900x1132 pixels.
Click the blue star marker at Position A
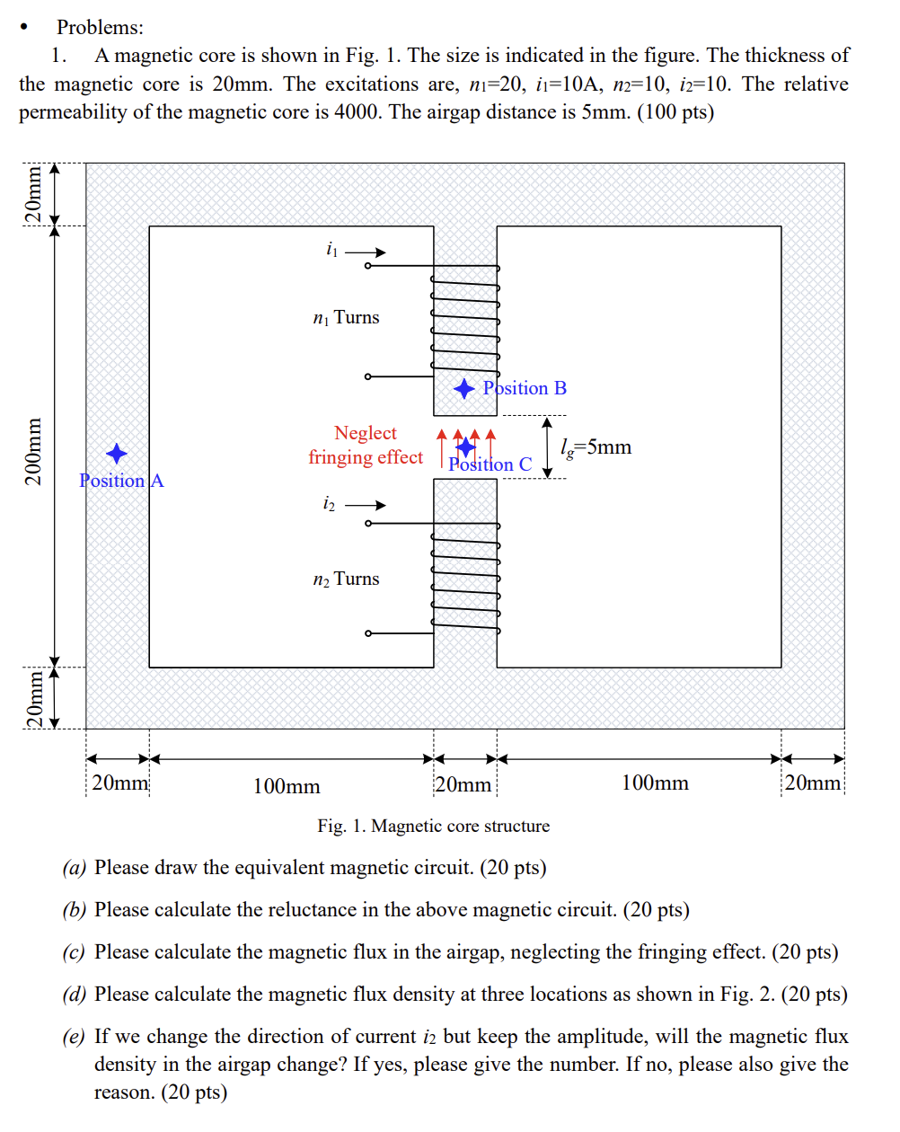117,454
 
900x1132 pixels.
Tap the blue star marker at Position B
463,388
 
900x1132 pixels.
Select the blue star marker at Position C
466,446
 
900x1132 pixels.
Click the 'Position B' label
525,388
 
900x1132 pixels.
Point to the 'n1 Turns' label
346,318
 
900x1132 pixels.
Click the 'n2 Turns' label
346,579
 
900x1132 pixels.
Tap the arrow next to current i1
366,252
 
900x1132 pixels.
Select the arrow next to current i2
366,505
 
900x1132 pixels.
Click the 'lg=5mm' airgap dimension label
596,447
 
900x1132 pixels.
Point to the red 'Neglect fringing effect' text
366,446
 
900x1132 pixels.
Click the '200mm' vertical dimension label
33,452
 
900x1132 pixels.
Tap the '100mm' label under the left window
287,787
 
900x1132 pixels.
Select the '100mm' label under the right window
655,783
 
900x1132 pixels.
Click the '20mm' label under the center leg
463,785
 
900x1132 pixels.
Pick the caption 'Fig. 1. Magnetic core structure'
433,827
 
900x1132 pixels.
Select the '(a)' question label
75,868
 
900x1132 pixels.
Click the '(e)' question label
75,1037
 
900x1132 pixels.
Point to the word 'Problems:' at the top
100,28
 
